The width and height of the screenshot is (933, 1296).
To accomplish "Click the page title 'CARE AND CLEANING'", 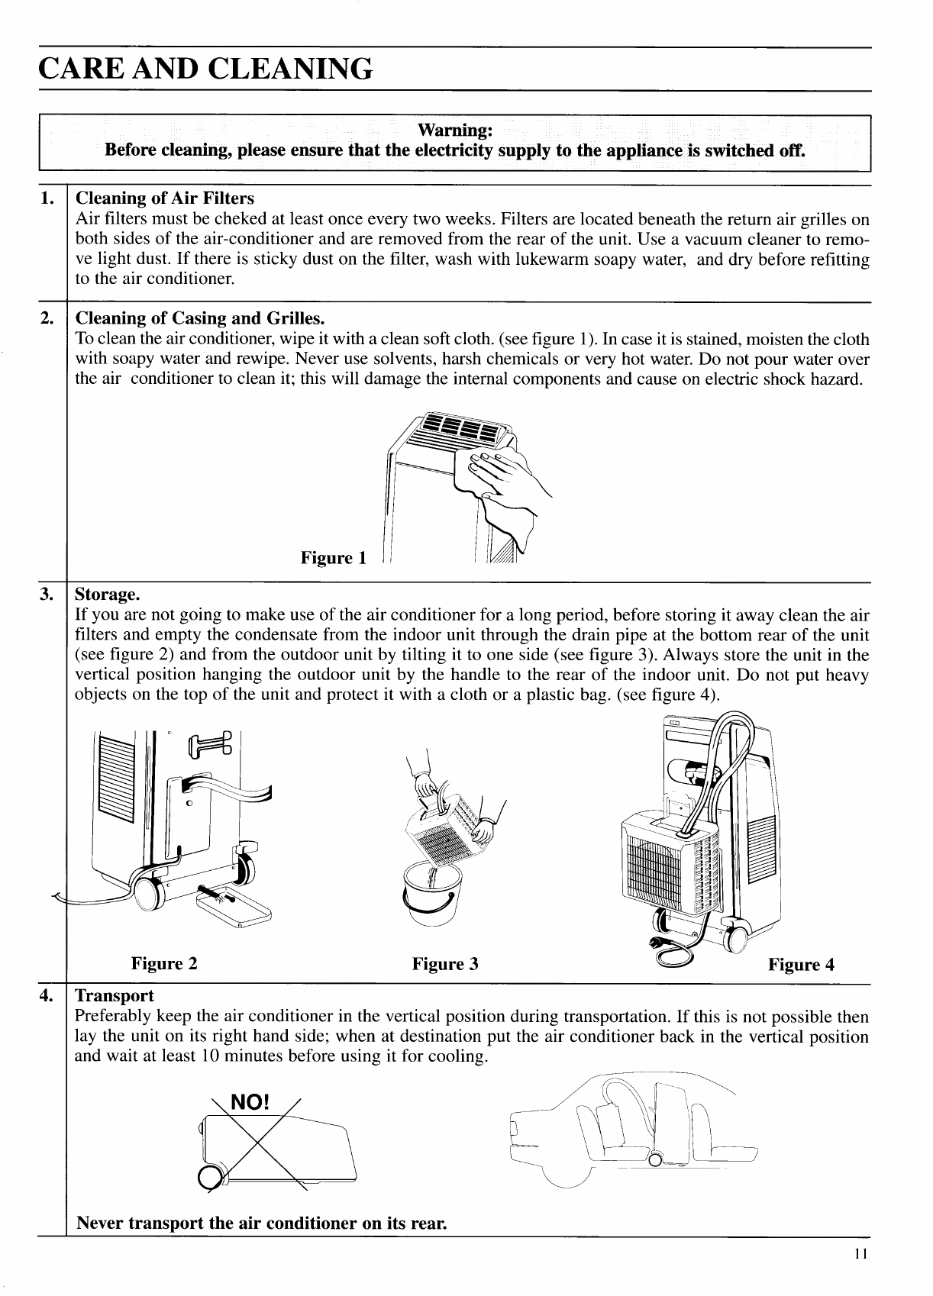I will (206, 68).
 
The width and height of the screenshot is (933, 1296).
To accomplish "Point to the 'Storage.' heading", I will (108, 594).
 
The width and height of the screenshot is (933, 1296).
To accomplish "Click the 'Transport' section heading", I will (115, 996).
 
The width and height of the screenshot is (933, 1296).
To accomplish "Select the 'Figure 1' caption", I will (334, 558).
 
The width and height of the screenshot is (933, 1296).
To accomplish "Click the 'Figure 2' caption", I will (164, 963).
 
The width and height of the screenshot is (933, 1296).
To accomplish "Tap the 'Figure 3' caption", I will (445, 963).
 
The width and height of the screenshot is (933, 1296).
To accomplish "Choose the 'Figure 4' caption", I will (801, 965).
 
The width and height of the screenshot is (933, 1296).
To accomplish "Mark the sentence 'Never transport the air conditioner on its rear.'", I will (260, 1223).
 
